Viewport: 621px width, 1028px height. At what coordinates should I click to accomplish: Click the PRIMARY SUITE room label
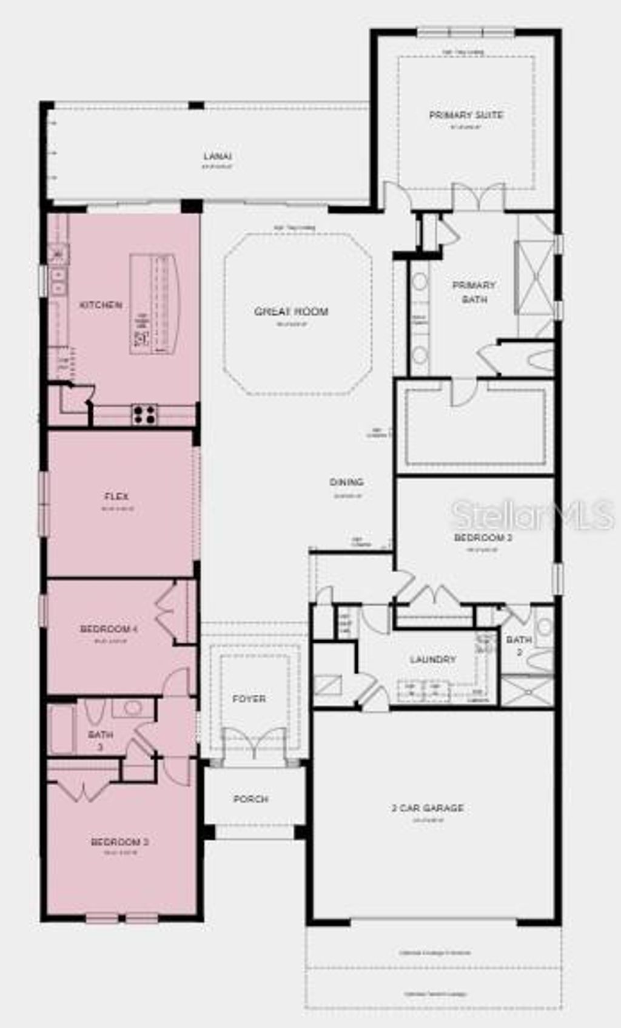pos(466,115)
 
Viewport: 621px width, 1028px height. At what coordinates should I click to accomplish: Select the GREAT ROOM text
pos(291,312)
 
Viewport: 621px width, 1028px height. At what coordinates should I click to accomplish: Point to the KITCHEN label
pos(101,305)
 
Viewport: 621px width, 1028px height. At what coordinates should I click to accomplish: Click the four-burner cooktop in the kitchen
pos(144,414)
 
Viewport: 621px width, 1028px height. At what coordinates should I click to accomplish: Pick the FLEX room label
pos(116,496)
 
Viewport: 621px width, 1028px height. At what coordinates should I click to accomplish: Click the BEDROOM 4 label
pos(109,629)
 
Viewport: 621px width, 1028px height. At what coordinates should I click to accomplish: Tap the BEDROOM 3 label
pos(120,842)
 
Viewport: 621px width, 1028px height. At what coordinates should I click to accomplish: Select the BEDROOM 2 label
pos(483,538)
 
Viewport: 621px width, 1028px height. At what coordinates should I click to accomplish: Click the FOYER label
pos(249,699)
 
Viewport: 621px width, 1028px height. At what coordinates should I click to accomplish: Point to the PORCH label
pos(251,799)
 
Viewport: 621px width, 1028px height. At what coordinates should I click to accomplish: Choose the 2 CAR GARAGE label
pos(428,808)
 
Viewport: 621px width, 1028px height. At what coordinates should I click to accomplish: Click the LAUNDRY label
pos(432,660)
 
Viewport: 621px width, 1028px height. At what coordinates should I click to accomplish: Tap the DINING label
pos(347,482)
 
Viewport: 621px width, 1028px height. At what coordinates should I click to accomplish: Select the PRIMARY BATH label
pos(474,292)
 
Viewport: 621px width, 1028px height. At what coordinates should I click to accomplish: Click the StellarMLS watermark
pos(532,515)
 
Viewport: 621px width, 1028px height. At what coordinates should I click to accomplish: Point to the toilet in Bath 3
pos(94,711)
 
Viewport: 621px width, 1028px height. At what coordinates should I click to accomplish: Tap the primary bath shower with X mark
pos(534,277)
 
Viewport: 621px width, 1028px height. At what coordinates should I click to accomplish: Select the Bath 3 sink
pos(132,707)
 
